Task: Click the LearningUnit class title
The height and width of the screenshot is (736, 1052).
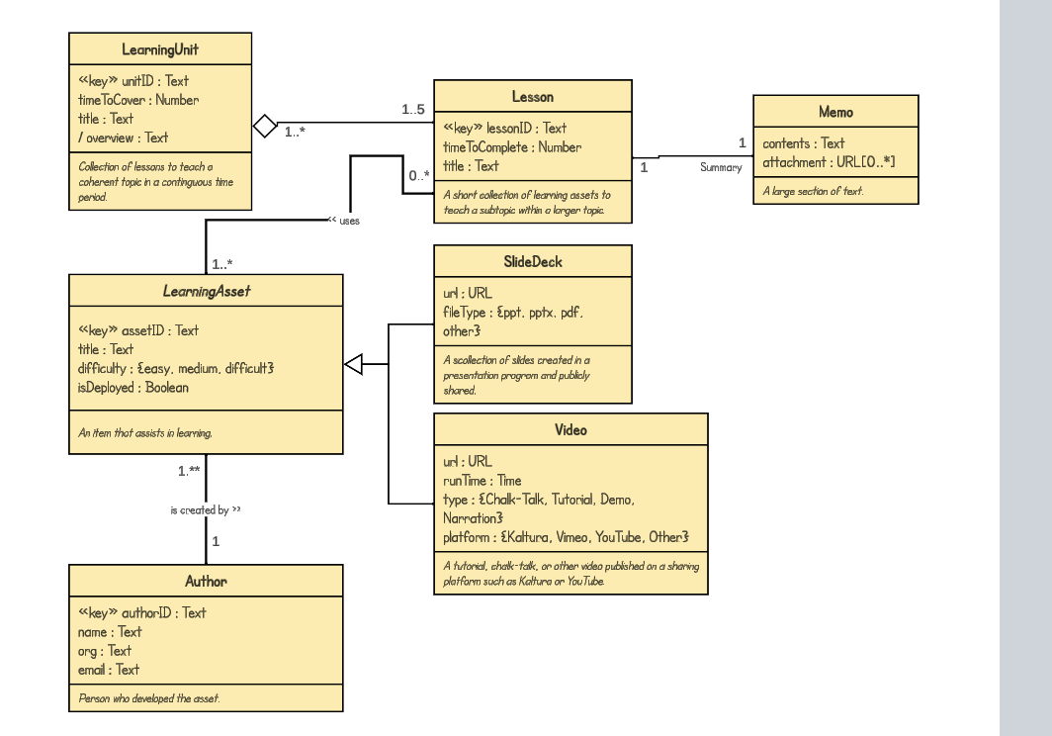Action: [x=160, y=49]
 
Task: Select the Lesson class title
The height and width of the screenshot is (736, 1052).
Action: [x=532, y=97]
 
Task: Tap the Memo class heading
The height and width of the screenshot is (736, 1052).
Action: [x=835, y=112]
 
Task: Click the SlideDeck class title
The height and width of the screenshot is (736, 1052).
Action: [x=532, y=262]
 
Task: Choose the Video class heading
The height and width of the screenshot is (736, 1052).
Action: [x=570, y=430]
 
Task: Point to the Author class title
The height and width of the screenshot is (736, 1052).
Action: [x=206, y=581]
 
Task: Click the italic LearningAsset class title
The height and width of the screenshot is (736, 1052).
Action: [x=206, y=291]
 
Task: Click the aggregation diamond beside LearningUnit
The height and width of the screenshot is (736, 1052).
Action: [x=264, y=126]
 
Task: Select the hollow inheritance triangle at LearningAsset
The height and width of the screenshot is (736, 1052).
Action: [x=354, y=365]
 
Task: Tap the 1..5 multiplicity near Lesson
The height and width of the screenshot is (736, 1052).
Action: [x=413, y=110]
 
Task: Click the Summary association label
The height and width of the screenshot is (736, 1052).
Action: [x=721, y=167]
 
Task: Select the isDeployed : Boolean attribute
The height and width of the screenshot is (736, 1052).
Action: [x=132, y=388]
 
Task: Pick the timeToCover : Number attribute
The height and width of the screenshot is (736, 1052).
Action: [x=138, y=100]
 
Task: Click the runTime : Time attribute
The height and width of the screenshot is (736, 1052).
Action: [x=482, y=481]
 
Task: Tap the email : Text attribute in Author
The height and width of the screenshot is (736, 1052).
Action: [x=109, y=670]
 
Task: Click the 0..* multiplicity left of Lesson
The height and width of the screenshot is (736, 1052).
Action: [x=419, y=175]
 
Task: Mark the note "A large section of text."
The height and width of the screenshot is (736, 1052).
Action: [x=813, y=190]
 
